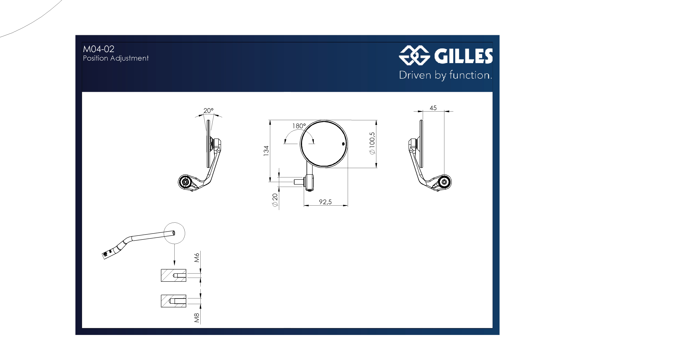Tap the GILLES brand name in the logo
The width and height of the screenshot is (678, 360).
(x=463, y=56)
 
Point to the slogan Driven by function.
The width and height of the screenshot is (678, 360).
(x=445, y=75)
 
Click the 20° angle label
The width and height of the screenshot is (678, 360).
(x=208, y=111)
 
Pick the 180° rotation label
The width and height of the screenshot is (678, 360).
(x=299, y=126)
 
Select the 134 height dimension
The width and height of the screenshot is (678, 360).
(x=266, y=151)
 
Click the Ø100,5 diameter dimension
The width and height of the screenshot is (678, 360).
(x=372, y=143)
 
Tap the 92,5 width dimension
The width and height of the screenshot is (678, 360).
(x=325, y=202)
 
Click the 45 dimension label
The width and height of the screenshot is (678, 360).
(x=433, y=108)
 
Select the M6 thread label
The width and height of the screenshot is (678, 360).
(x=197, y=258)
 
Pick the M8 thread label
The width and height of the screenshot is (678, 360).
(x=197, y=318)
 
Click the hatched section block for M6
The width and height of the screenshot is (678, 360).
(x=173, y=275)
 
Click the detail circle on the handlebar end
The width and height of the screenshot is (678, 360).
(x=174, y=233)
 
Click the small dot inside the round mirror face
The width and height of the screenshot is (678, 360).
(x=343, y=144)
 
